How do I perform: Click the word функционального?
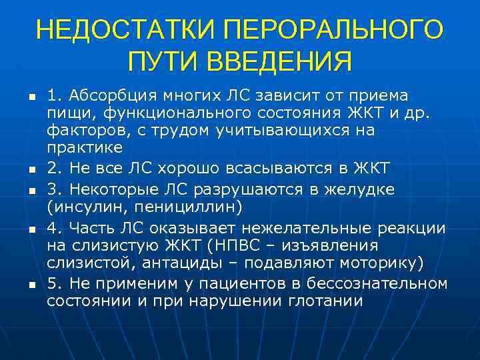(x=155, y=112)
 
